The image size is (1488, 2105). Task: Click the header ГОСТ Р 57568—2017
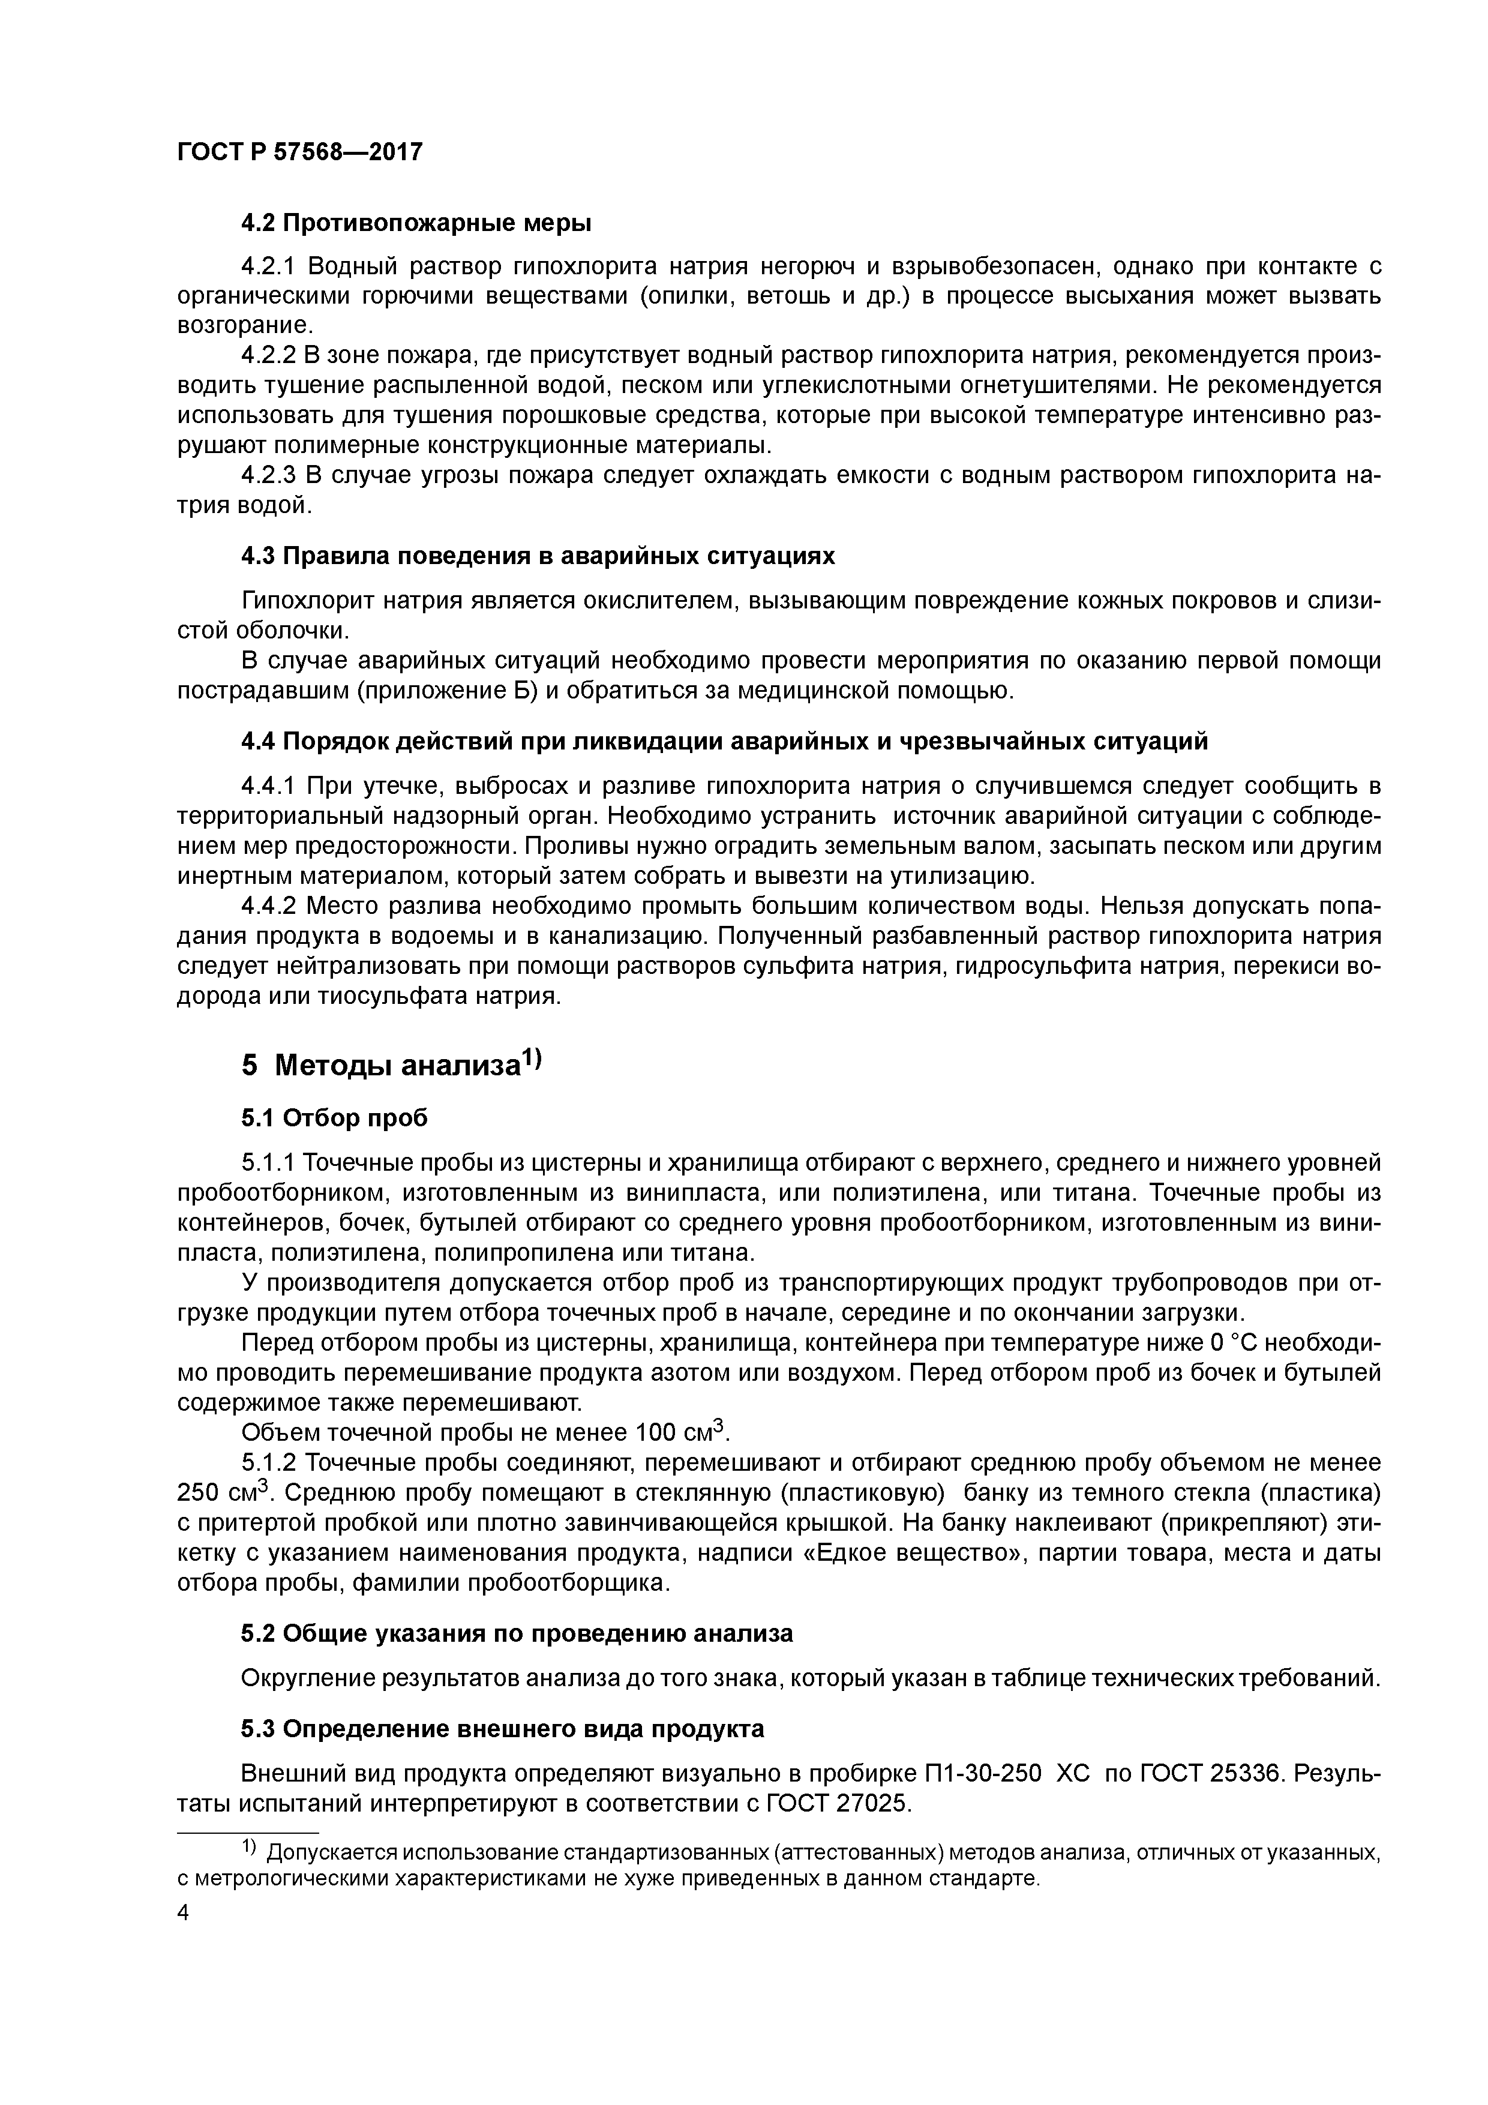click(x=300, y=151)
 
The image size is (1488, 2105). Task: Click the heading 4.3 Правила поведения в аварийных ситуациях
click(x=538, y=556)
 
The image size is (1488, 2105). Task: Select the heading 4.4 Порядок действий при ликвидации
click(x=724, y=741)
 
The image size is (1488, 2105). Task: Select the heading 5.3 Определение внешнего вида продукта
click(x=502, y=1729)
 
